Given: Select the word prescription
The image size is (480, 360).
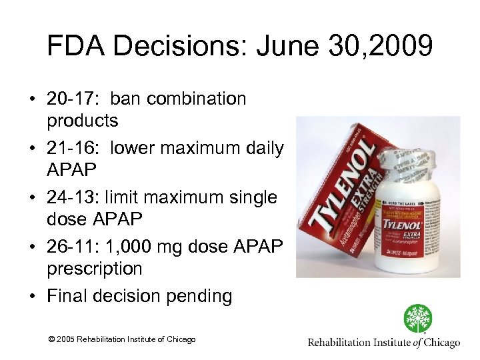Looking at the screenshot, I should pyautogui.click(x=94, y=269).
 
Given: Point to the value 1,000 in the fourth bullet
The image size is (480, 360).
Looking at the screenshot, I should pyautogui.click(x=132, y=247).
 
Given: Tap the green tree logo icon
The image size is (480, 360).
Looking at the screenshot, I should pyautogui.click(x=418, y=319).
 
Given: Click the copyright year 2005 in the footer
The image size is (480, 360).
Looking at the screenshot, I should pyautogui.click(x=65, y=340).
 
